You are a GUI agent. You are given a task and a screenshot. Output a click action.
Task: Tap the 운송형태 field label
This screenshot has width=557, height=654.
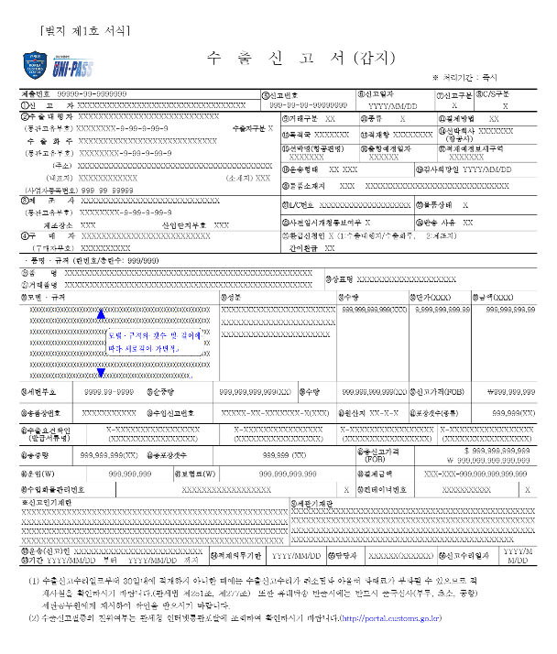point(303,169)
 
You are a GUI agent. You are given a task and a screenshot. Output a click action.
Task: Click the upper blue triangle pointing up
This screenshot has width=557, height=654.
point(101,315)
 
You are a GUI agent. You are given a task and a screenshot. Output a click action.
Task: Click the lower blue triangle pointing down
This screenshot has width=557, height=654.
point(101,373)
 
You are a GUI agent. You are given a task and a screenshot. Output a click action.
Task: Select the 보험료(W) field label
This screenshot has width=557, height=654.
point(196,474)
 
